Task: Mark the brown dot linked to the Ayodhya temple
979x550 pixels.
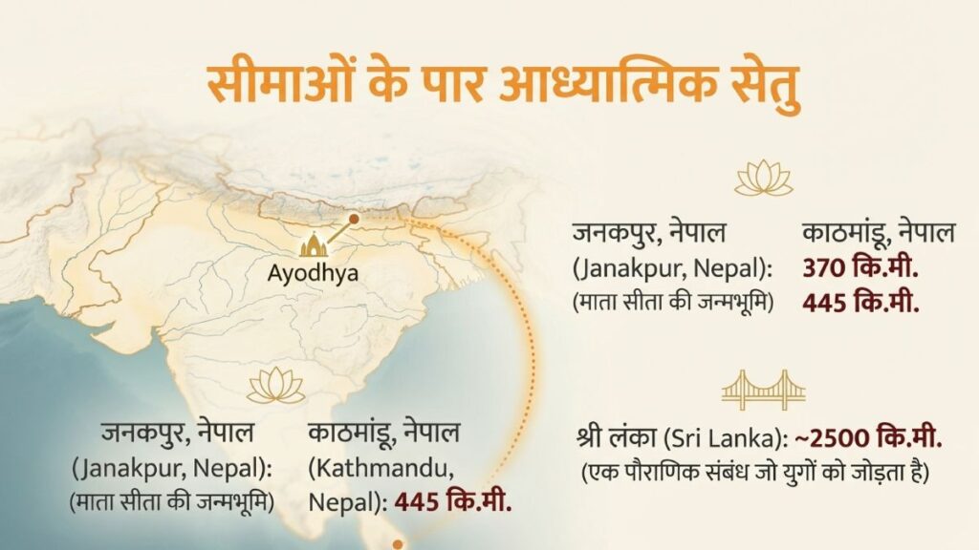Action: (x=354, y=220)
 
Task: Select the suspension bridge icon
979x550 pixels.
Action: (x=764, y=389)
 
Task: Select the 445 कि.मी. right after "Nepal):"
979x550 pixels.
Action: (x=452, y=500)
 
